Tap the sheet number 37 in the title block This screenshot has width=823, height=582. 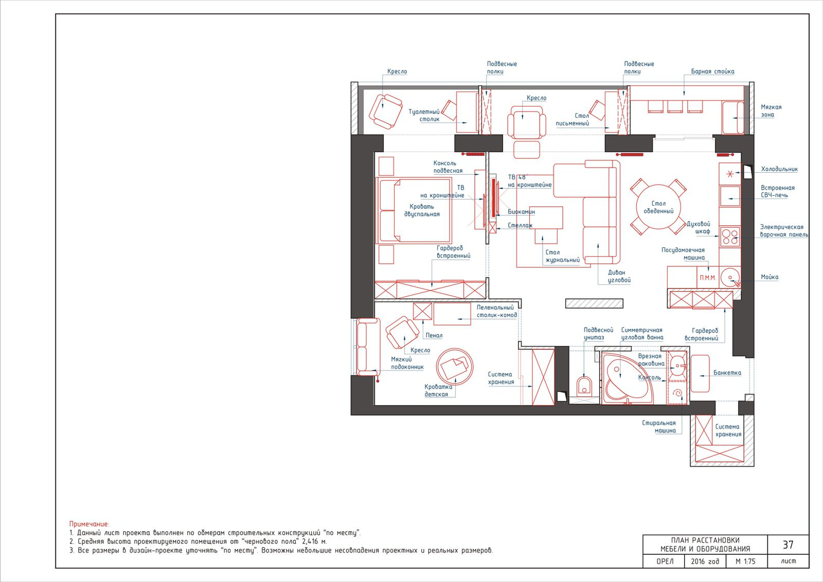click(788, 544)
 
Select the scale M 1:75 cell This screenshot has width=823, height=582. click(745, 561)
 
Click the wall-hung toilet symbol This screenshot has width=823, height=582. click(584, 386)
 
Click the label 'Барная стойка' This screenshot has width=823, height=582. click(712, 71)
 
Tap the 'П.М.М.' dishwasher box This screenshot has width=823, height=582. click(708, 278)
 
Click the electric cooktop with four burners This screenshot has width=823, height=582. click(730, 237)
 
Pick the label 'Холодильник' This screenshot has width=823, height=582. click(779, 169)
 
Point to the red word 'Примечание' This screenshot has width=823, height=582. click(88, 524)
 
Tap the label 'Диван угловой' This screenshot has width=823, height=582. click(619, 276)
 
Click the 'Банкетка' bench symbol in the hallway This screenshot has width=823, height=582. click(700, 373)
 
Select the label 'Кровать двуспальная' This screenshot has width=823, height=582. click(422, 210)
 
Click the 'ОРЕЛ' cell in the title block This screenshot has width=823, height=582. click(665, 561)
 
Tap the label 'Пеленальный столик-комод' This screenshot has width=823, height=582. click(497, 312)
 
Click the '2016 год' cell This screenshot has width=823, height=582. click(705, 561)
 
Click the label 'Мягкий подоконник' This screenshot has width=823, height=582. click(407, 363)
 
